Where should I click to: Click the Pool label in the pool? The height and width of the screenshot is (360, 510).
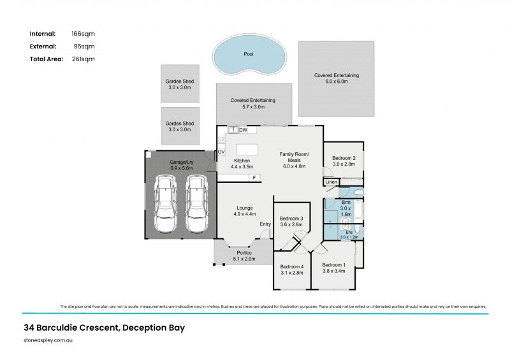(249, 54)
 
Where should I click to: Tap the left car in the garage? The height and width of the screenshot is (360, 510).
(166, 205)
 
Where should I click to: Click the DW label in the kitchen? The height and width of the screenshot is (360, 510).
(243, 130)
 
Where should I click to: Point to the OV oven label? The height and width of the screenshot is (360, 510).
(221, 152)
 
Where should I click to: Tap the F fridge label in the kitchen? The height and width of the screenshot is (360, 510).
(254, 177)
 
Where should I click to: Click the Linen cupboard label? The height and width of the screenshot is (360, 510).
(331, 182)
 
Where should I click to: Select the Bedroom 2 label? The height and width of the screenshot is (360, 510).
(344, 158)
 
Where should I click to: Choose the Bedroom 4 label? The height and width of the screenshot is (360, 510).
(291, 266)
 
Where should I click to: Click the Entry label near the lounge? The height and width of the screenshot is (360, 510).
(265, 224)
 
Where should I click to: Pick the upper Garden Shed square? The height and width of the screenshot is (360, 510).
(180, 84)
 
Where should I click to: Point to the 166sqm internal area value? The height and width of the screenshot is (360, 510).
(84, 33)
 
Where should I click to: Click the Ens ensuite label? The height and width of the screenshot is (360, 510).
(349, 232)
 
